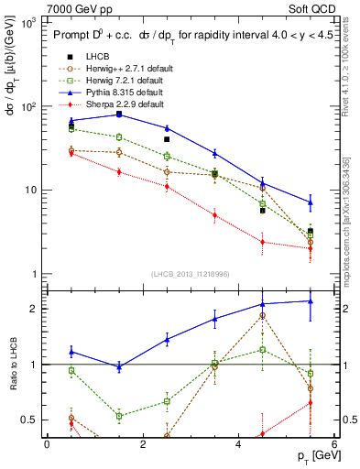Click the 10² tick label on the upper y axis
[25, 106]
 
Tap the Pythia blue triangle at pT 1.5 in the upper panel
[119, 114]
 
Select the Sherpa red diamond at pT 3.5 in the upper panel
[214, 216]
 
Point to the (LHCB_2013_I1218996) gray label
[190, 275]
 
